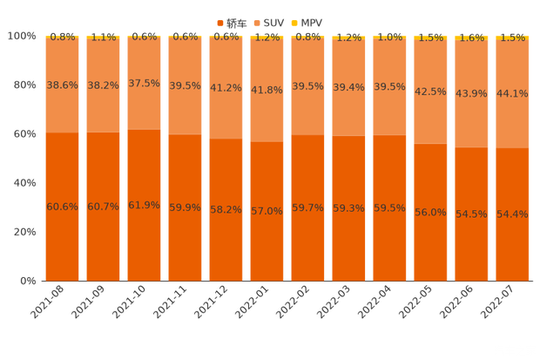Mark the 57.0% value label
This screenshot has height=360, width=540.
click(x=267, y=211)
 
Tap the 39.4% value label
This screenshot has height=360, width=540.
click(x=348, y=86)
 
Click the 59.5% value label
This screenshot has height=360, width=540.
click(x=389, y=207)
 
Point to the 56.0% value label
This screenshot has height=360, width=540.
click(x=430, y=212)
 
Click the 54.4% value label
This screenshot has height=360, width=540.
click(x=512, y=214)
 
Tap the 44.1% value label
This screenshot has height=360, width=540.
click(x=512, y=94)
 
